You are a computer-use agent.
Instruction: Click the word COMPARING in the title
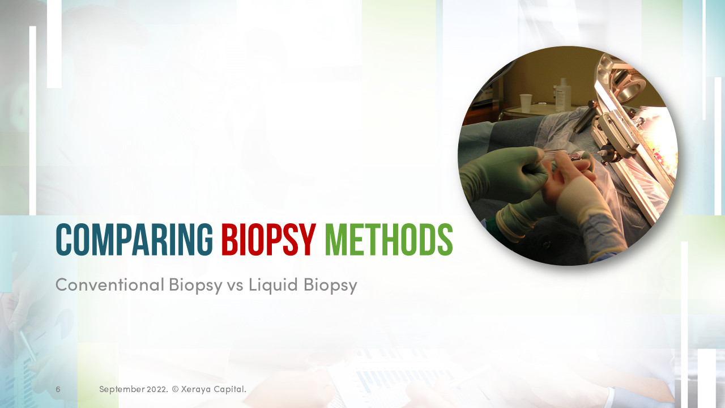click(x=134, y=240)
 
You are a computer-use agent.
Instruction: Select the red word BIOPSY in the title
click(x=268, y=240)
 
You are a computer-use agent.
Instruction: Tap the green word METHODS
click(x=389, y=240)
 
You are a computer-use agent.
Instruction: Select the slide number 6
click(x=58, y=389)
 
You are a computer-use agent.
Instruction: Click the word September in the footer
click(x=122, y=389)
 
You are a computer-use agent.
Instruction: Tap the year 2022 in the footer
click(x=157, y=389)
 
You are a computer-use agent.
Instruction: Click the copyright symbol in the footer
click(x=175, y=389)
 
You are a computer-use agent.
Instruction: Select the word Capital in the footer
click(x=229, y=389)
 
